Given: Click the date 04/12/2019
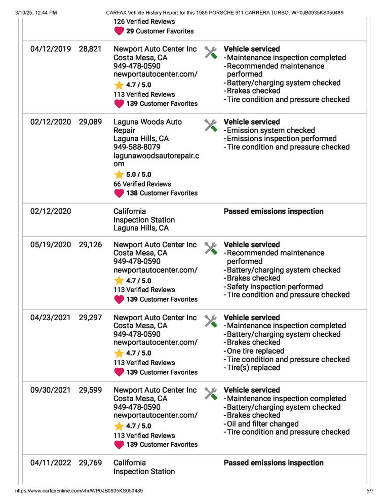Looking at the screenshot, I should click(51, 49).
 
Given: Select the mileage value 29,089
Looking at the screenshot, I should click(90, 122).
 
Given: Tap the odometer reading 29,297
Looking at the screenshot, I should click(90, 318).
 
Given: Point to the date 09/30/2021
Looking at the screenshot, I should click(51, 391).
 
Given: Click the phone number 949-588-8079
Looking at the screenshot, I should click(137, 147).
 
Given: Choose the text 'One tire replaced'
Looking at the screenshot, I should click(255, 351).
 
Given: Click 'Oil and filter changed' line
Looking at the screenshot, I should click(262, 424).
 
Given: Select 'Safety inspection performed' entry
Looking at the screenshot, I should click(275, 287).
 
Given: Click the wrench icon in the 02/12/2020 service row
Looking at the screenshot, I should click(210, 125).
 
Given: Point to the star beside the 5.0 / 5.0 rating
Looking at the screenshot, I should click(119, 175).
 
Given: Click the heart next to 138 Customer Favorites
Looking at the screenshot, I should click(119, 193).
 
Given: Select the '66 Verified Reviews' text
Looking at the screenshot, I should click(142, 184).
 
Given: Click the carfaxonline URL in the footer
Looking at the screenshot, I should click(79, 491).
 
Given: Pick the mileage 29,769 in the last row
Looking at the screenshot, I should click(90, 463).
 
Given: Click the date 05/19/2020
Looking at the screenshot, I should click(51, 245).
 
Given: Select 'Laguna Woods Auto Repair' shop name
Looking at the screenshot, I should click(147, 126).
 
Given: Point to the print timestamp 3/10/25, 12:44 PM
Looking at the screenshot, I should click(36, 12).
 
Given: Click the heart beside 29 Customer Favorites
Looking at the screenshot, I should click(119, 31).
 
